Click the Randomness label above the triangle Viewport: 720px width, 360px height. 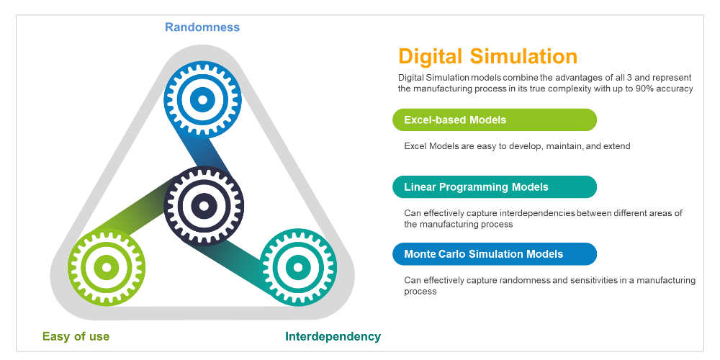[202, 27]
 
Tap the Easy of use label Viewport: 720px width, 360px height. [76, 336]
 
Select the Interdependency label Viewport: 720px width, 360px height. [333, 336]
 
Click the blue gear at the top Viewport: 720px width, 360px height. [203, 99]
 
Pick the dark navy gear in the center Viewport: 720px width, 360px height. [204, 205]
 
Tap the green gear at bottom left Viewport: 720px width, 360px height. [107, 267]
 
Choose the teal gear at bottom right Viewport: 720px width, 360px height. [297, 267]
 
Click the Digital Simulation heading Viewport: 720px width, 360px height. [487, 56]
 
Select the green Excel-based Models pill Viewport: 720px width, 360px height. [494, 120]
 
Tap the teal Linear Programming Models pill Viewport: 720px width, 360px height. [494, 187]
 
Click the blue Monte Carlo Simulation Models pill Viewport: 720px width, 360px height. [494, 254]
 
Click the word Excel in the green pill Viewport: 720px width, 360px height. [418, 120]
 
